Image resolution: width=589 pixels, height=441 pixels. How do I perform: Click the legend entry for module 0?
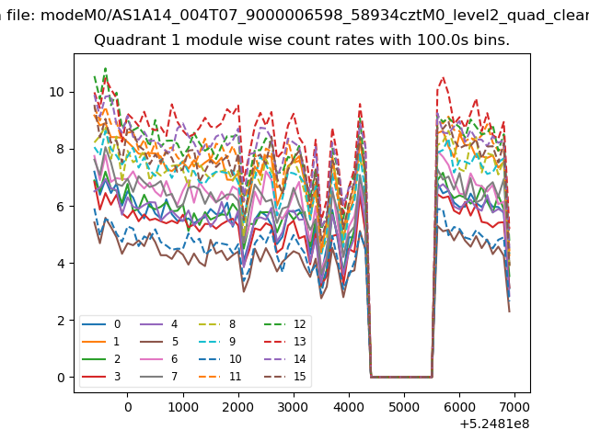click(101, 324)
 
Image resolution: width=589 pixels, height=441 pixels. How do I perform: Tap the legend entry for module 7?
click(158, 376)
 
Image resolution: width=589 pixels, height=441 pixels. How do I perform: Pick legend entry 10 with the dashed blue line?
click(220, 359)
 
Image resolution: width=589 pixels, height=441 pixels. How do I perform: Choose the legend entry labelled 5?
click(158, 341)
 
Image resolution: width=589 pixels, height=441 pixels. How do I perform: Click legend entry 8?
click(217, 324)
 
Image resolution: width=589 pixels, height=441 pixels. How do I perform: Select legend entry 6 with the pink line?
click(158, 359)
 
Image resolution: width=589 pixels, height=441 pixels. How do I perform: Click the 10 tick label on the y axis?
click(56, 92)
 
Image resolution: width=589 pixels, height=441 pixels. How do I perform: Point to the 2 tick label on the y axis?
click(61, 321)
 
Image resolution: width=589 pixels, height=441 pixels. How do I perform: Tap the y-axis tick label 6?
click(61, 207)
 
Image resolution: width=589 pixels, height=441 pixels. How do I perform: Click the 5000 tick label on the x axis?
click(404, 407)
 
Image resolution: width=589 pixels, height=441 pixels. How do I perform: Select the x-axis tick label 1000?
click(183, 407)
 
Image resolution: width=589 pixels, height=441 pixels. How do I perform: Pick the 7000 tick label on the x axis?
click(514, 407)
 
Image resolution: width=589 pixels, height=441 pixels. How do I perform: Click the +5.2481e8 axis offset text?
click(495, 424)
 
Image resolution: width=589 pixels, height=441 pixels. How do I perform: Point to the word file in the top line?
click(21, 16)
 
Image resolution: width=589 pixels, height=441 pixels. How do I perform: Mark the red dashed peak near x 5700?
click(444, 77)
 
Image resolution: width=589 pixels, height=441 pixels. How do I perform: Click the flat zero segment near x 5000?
click(401, 377)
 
